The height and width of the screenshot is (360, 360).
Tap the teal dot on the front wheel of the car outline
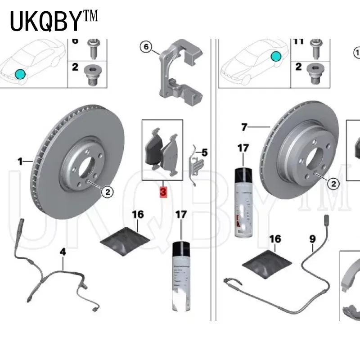[x=19, y=73]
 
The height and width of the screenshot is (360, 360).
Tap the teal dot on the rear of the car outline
[x=275, y=56]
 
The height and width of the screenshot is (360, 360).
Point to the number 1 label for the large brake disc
[x=20, y=161]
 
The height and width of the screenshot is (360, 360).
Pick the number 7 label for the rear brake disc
[x=244, y=127]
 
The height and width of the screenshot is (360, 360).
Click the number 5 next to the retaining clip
[x=204, y=153]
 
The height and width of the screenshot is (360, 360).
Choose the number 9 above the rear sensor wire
[x=312, y=239]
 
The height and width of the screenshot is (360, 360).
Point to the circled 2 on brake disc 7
[x=333, y=183]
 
